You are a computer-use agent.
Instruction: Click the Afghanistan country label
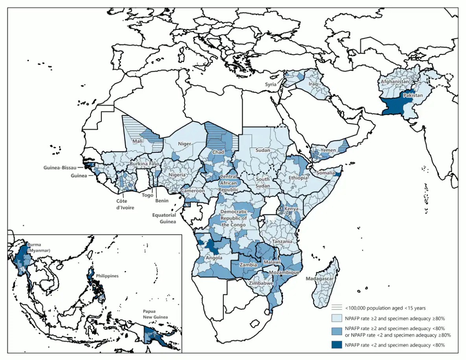395,82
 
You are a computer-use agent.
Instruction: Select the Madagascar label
320,279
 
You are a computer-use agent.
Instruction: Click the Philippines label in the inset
107,276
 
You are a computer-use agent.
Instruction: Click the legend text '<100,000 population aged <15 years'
385,308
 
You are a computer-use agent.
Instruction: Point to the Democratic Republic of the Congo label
234,218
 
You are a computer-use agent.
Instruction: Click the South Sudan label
263,183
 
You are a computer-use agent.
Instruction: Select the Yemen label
328,150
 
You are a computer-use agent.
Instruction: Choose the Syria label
270,85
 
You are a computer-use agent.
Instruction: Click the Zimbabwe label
262,283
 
